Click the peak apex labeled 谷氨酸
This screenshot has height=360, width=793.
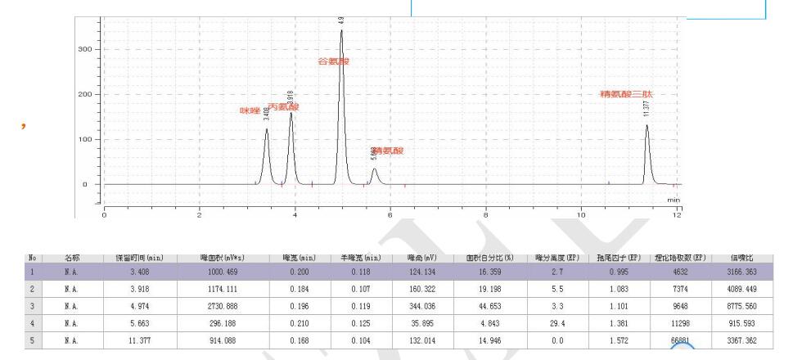(341, 31)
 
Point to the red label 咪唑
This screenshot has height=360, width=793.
(250, 110)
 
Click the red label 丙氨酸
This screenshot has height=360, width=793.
(283, 107)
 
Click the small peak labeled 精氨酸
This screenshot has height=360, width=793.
(374, 170)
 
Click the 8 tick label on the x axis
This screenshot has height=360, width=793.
(486, 214)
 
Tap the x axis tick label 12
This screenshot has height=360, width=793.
(677, 214)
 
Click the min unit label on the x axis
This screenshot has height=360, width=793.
(674, 199)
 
